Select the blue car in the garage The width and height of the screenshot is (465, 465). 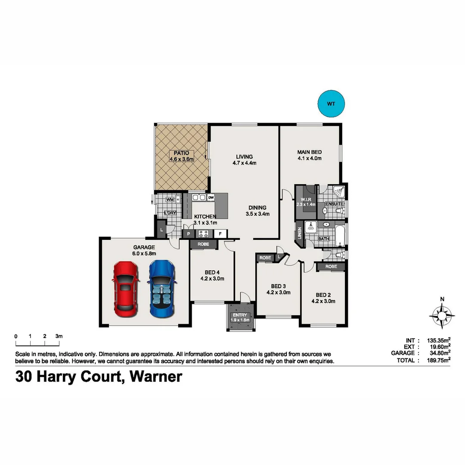click(x=162, y=288)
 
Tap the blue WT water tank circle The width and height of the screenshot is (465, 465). click(x=331, y=104)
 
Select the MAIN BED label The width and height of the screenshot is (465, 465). click(x=309, y=152)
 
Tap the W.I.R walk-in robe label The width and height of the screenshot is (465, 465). click(x=306, y=199)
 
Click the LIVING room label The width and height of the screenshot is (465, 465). click(x=244, y=157)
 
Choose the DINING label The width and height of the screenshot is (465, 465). click(x=257, y=208)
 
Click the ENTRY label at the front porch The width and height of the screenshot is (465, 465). click(x=240, y=315)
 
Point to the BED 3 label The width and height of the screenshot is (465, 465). click(x=279, y=286)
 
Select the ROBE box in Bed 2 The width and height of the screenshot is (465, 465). click(x=331, y=267)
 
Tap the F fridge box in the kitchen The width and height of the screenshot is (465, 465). click(x=220, y=234)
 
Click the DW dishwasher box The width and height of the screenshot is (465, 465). click(x=211, y=198)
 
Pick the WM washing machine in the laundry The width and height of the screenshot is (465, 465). click(x=170, y=200)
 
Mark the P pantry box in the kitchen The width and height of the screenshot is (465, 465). click(x=188, y=234)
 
